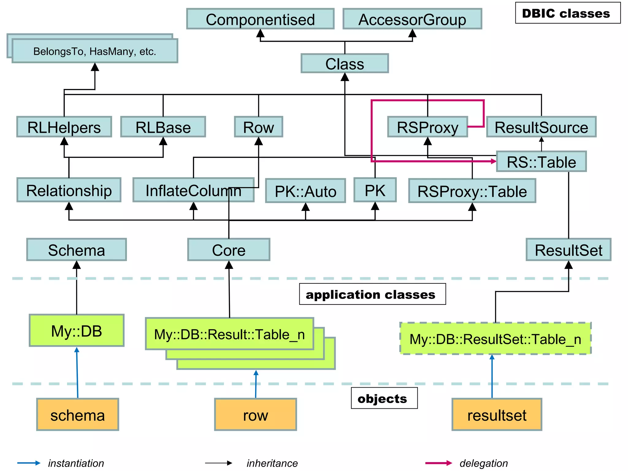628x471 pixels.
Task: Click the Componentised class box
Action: coord(260,19)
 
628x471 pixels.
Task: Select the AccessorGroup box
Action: coord(412,19)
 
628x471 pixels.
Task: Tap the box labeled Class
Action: coord(345,63)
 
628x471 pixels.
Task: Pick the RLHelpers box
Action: coord(64,127)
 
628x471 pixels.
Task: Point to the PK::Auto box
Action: coord(305,191)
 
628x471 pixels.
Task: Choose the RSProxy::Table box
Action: coord(472,191)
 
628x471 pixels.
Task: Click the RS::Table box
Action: coord(541,162)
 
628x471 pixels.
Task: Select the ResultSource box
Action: coord(541,127)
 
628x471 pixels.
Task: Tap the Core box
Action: coord(229,250)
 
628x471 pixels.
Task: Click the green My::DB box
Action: coord(77,331)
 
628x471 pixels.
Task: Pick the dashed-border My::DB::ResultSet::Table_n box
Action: coord(495,339)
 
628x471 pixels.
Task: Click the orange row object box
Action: coord(255,415)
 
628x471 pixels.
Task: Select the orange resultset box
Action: coord(497,415)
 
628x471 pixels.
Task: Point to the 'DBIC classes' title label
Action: coord(568,13)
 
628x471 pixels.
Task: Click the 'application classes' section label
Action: coord(372,294)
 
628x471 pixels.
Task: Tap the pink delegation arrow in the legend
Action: coord(438,463)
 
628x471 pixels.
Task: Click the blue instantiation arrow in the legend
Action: coord(29,463)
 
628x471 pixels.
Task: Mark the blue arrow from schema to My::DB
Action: coord(77,373)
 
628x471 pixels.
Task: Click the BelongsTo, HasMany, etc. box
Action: coord(95,51)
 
